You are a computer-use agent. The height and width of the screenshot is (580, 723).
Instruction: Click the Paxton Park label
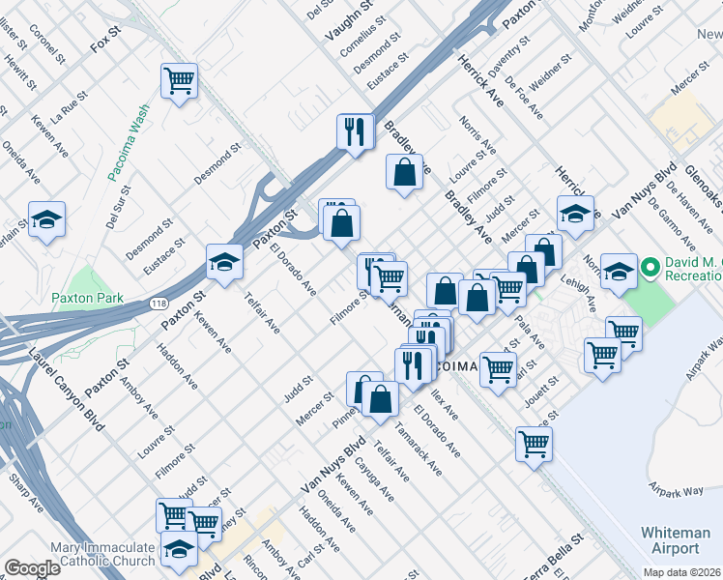pyautogui.click(x=88, y=299)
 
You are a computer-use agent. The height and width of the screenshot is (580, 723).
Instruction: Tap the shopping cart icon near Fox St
pyautogui.click(x=179, y=81)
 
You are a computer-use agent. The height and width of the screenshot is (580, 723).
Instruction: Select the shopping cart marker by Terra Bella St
pyautogui.click(x=534, y=445)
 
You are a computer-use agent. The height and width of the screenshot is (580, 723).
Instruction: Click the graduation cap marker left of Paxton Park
pyautogui.click(x=46, y=220)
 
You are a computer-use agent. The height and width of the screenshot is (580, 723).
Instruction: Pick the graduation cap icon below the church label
pyautogui.click(x=180, y=549)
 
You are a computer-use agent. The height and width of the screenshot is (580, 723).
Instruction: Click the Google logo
pyautogui.click(x=32, y=568)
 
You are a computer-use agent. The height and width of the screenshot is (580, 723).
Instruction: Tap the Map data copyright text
pyautogui.click(x=680, y=571)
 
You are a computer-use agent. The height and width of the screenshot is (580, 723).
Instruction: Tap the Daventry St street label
pyautogui.click(x=508, y=56)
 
